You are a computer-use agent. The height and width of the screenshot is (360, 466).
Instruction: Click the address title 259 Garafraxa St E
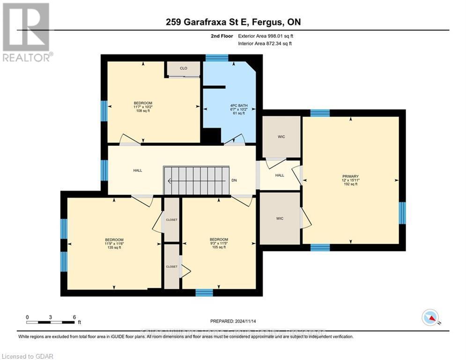(233, 22)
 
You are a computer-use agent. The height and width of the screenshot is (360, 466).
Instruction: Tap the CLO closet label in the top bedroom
(184, 68)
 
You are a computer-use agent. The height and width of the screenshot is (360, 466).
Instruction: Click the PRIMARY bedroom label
(350, 176)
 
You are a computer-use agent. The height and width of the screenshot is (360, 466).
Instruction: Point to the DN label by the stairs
(234, 180)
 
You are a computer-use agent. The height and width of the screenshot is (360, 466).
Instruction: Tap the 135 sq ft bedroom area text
(114, 247)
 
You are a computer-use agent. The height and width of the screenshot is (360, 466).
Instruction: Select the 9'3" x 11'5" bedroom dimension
(219, 243)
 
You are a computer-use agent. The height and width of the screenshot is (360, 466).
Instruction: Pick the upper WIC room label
(281, 137)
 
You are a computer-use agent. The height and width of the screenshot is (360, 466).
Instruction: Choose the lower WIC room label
(280, 218)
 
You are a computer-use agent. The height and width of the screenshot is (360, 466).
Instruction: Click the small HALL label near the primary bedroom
(280, 175)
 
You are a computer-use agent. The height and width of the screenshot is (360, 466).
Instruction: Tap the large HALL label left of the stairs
(137, 171)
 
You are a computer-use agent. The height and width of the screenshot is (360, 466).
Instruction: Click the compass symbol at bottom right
(430, 317)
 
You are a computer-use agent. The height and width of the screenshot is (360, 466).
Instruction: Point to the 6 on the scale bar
(74, 317)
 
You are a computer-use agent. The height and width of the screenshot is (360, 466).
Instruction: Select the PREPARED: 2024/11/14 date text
(233, 321)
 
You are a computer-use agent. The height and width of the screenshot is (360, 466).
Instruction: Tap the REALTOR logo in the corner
(26, 32)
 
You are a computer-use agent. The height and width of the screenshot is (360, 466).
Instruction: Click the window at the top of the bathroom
(217, 58)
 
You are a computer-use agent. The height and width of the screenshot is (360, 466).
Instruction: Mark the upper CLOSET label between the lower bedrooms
(172, 219)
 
